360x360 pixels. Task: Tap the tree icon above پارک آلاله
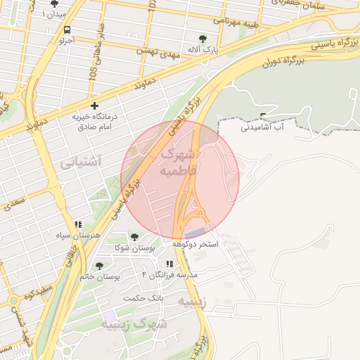click(x=203, y=39)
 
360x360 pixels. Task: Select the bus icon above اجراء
click(x=67, y=30)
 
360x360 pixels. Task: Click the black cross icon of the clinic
click(x=94, y=106)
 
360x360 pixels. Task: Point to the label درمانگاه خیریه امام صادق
click(x=94, y=122)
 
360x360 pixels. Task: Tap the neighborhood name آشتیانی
click(x=80, y=162)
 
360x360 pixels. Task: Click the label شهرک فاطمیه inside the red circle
click(x=181, y=162)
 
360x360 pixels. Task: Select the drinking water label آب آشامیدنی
click(x=262, y=127)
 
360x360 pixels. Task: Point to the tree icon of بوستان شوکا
click(x=134, y=238)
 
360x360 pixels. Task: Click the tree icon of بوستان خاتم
click(x=99, y=265)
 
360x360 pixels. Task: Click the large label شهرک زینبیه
click(x=134, y=324)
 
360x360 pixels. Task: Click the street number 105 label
click(x=94, y=65)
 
